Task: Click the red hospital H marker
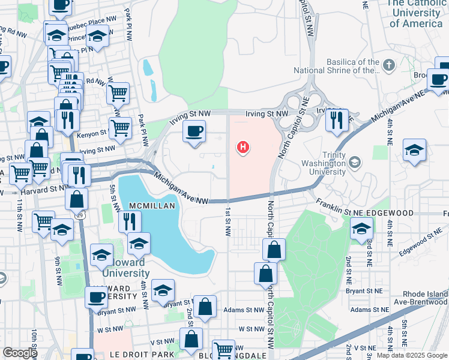[243, 146]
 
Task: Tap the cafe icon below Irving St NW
[193, 132]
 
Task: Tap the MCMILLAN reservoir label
[148, 205]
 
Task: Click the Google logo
[20, 352]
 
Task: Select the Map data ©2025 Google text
[412, 355]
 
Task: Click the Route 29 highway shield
[88, 214]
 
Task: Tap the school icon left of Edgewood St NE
[361, 229]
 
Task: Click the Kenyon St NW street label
[92, 137]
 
